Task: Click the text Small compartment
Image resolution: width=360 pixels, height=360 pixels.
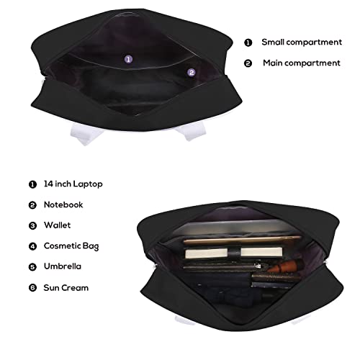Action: click(x=302, y=42)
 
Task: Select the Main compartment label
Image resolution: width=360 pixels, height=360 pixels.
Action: click(x=302, y=63)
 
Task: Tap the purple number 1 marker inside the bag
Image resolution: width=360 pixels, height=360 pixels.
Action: click(x=129, y=59)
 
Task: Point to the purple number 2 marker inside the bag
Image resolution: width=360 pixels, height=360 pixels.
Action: click(x=192, y=73)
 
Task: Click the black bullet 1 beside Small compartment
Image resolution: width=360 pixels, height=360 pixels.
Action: click(x=248, y=42)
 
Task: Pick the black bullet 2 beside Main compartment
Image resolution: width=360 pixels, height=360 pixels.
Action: click(x=248, y=63)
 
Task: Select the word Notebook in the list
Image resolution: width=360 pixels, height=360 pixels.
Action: click(x=63, y=204)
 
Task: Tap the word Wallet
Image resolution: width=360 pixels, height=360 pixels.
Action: click(x=58, y=225)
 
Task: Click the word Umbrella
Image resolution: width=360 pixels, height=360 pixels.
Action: click(x=63, y=266)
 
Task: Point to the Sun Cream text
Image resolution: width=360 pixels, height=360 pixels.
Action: click(x=66, y=288)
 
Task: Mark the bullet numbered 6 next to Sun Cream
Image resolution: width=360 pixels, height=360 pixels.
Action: click(x=32, y=287)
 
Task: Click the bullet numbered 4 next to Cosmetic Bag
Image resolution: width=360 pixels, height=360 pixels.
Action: click(x=32, y=246)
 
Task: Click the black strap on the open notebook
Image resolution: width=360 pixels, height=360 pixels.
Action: click(x=234, y=253)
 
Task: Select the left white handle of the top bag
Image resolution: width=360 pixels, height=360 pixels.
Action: click(x=86, y=134)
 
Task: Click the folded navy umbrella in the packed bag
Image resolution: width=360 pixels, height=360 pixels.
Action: click(x=216, y=287)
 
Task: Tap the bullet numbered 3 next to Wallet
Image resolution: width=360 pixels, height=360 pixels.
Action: click(x=32, y=225)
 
